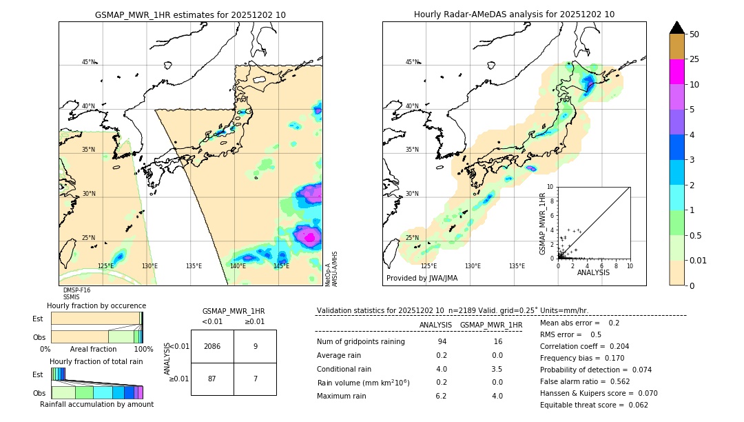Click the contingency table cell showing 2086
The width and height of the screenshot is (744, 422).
(x=212, y=346)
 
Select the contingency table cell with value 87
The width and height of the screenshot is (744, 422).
(x=212, y=379)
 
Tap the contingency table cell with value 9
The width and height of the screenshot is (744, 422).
(x=255, y=346)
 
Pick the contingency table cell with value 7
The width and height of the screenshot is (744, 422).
(x=255, y=379)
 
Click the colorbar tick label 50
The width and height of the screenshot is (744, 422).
(x=694, y=34)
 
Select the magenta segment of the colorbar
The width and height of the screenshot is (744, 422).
(x=676, y=72)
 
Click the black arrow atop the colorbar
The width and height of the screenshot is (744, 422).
(x=676, y=28)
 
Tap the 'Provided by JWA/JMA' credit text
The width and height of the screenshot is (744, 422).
(x=422, y=279)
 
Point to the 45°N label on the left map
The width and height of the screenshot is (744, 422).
(x=88, y=62)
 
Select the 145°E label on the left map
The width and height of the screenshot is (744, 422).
(x=281, y=266)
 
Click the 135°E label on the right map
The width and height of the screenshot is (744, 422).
(x=517, y=266)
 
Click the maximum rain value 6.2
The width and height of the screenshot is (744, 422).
(x=441, y=396)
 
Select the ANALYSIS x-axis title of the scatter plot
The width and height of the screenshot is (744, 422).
(x=593, y=272)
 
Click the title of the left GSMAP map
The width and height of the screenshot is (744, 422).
(x=190, y=14)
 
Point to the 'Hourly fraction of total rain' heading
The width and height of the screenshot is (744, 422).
(x=96, y=361)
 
